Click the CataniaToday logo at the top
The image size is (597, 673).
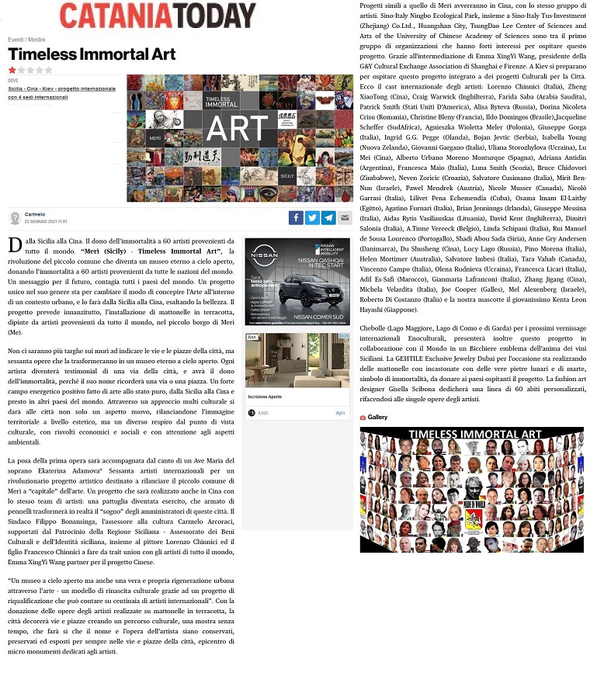pyautogui.click(x=157, y=16)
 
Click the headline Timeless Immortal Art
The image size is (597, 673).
pyautogui.click(x=92, y=54)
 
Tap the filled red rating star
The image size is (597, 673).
pyautogui.click(x=12, y=70)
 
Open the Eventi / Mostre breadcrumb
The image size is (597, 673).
pyautogui.click(x=26, y=39)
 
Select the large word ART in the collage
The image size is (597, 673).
pyautogui.click(x=238, y=129)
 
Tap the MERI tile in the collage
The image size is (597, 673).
pyautogui.click(x=154, y=137)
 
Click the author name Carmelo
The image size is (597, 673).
pyautogui.click(x=35, y=213)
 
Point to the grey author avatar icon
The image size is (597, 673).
pyautogui.click(x=15, y=217)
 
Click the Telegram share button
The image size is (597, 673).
pyautogui.click(x=328, y=218)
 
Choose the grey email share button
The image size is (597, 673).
pyautogui.click(x=345, y=218)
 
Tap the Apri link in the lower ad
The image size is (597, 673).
pyautogui.click(x=339, y=413)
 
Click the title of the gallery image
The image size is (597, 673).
pyautogui.click(x=472, y=435)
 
